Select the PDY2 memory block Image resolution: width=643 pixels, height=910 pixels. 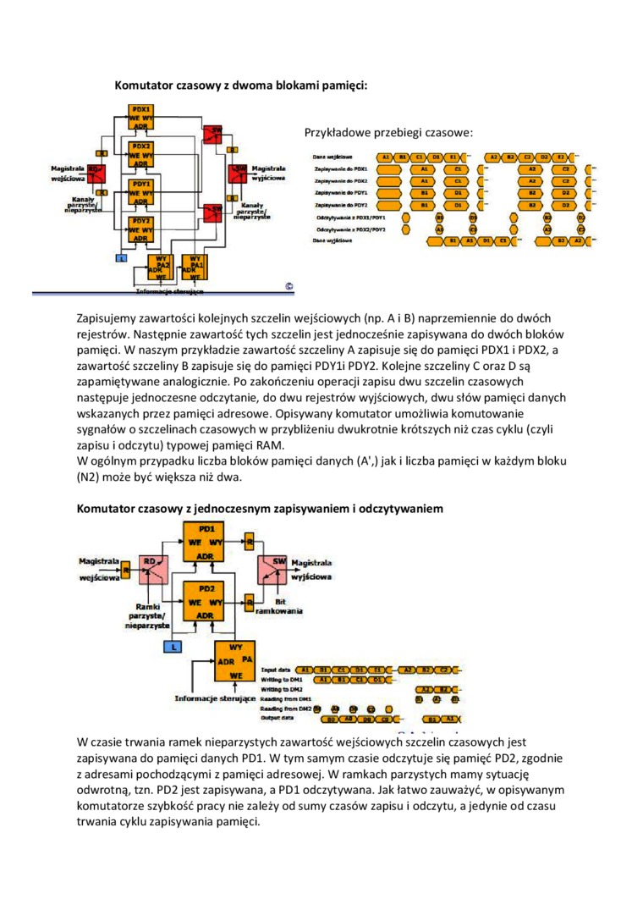(141, 229)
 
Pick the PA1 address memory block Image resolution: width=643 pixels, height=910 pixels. (195, 267)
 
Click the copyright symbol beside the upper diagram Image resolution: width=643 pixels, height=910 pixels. (289, 286)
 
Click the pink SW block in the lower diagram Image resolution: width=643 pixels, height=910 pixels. (275, 565)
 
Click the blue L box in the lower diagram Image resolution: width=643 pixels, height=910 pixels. (173, 646)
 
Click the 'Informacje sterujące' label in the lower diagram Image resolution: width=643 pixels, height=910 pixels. (215, 698)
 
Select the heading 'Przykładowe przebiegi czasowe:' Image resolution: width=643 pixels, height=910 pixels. (387, 133)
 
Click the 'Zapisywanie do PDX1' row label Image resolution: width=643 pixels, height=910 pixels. (340, 169)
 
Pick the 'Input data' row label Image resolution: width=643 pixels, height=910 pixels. (277, 670)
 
